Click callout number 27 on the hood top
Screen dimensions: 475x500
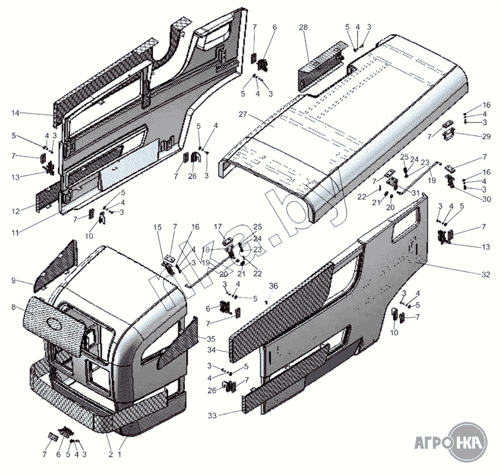click(x=244, y=114)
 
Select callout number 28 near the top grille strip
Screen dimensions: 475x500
click(x=304, y=28)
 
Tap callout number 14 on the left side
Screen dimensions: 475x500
click(x=16, y=113)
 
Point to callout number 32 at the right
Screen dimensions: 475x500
click(x=486, y=275)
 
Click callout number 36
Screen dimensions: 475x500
click(x=272, y=286)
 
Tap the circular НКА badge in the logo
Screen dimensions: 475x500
click(x=467, y=444)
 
